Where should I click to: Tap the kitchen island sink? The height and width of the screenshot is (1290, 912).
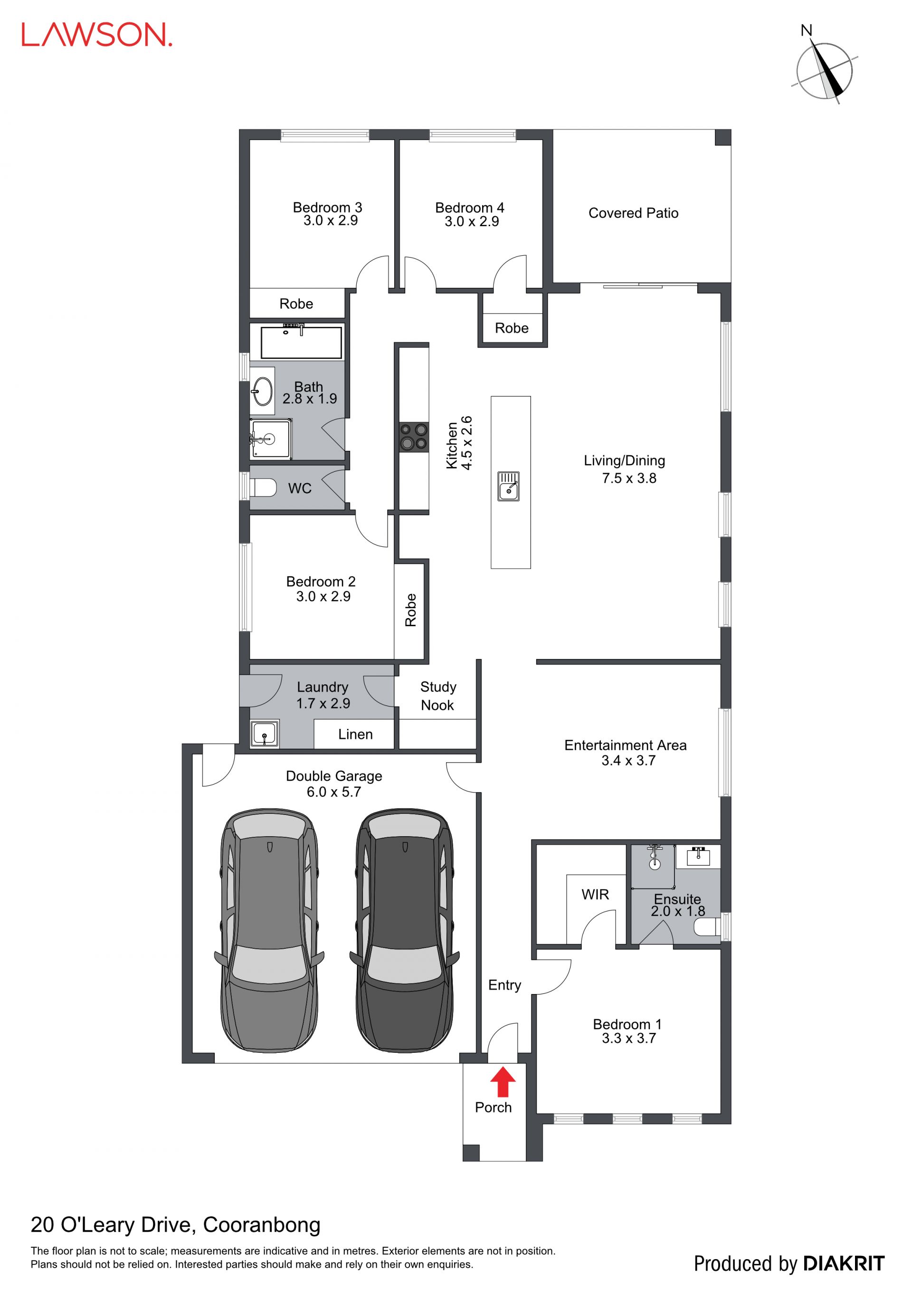pyautogui.click(x=508, y=486)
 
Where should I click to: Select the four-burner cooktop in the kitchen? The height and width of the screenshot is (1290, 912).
pyautogui.click(x=414, y=437)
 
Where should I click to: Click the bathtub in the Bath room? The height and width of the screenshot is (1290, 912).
pyautogui.click(x=302, y=342)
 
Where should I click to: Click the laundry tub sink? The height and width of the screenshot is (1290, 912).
pyautogui.click(x=264, y=734)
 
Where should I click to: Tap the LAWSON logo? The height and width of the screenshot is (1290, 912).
pyautogui.click(x=96, y=35)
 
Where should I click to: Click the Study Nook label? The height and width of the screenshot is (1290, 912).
pyautogui.click(x=438, y=696)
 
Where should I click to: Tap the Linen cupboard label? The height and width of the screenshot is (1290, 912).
pyautogui.click(x=355, y=735)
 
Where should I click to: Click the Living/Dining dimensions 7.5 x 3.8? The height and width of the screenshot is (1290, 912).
pyautogui.click(x=629, y=478)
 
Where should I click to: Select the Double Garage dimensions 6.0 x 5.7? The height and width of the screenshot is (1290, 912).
pyautogui.click(x=333, y=792)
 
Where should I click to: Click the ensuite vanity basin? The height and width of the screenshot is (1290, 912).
pyautogui.click(x=697, y=856)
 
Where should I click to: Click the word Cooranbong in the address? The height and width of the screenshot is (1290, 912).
pyautogui.click(x=262, y=1225)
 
